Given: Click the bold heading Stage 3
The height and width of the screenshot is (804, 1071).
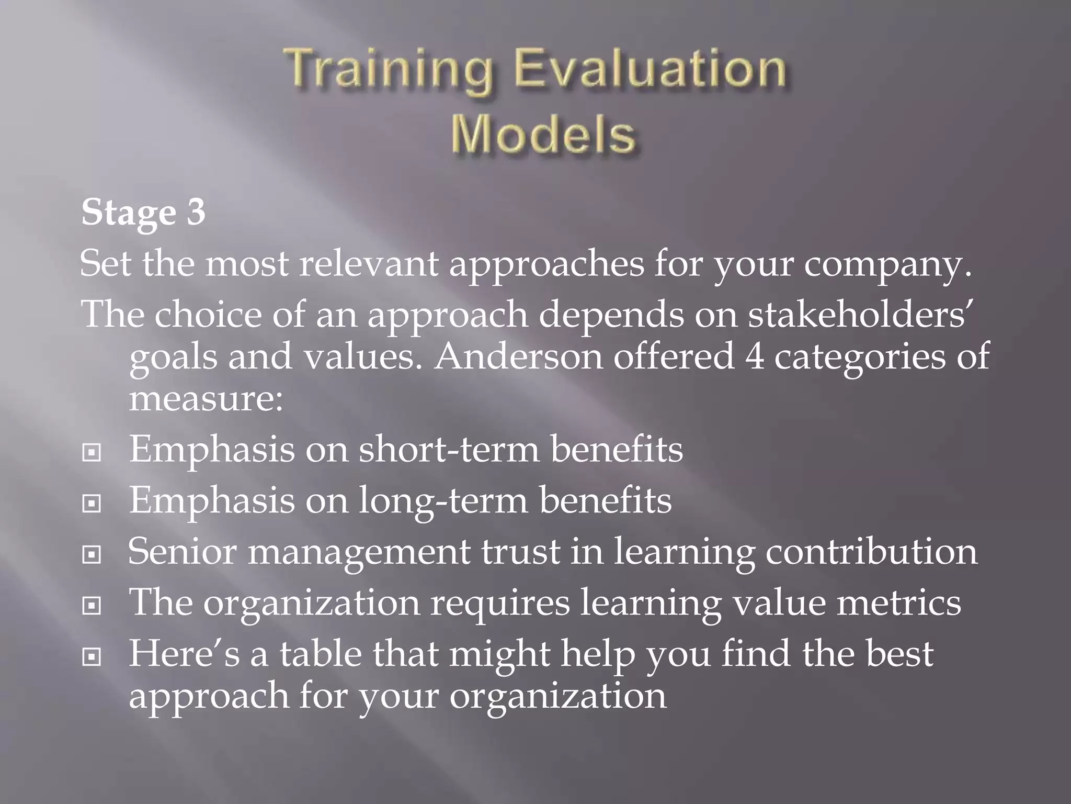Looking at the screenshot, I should pyautogui.click(x=143, y=213).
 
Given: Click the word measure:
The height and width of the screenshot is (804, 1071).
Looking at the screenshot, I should pyautogui.click(x=206, y=399).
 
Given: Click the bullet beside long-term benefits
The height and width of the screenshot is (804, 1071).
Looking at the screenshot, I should pyautogui.click(x=92, y=504).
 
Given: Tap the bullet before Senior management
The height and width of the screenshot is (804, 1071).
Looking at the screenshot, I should pyautogui.click(x=92, y=554).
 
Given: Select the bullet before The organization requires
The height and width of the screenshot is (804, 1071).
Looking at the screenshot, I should pyautogui.click(x=92, y=606).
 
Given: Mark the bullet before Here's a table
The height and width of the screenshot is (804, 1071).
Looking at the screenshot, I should pyautogui.click(x=92, y=656).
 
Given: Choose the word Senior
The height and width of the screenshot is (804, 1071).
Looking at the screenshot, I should pyautogui.click(x=182, y=552).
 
